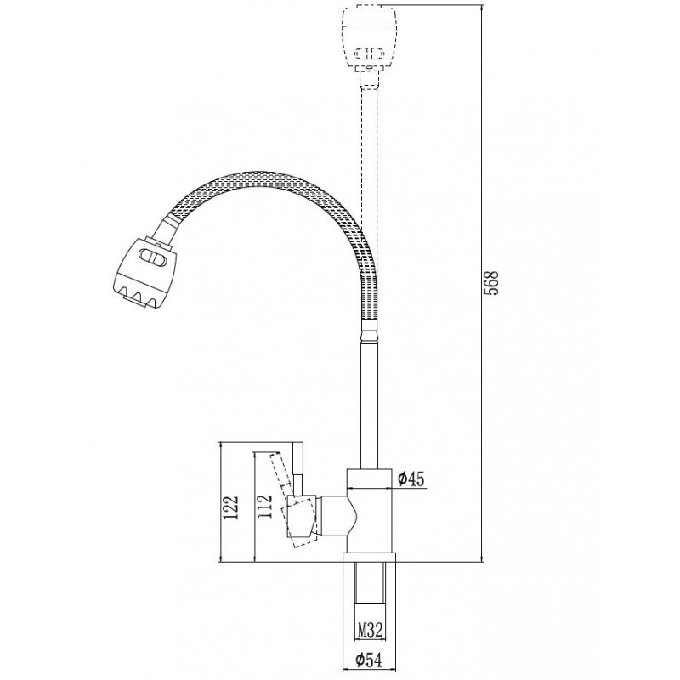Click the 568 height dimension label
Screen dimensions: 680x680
(491, 284)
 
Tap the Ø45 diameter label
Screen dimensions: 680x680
(411, 479)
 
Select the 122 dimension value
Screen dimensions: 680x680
(229, 507)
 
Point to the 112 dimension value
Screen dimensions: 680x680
(263, 506)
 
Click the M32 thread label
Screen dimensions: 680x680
(371, 629)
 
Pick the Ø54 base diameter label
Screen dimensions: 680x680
(369, 660)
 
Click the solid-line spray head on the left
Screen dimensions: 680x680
(144, 273)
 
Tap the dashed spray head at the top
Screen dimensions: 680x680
(370, 38)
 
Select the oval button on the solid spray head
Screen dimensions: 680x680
(153, 258)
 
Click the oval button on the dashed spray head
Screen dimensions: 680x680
(370, 53)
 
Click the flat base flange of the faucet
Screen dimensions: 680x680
(370, 558)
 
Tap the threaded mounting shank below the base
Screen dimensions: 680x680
(370, 583)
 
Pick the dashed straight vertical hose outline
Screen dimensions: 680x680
(370, 182)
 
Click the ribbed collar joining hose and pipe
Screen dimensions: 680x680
(370, 331)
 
